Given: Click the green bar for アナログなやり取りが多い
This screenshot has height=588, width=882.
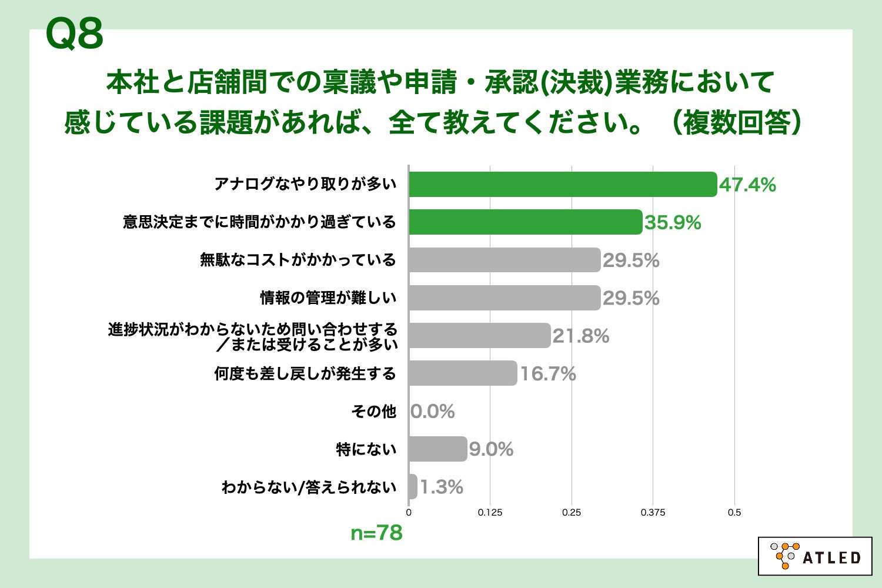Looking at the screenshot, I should point(563,185).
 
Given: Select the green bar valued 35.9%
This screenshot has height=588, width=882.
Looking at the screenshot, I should point(525,222).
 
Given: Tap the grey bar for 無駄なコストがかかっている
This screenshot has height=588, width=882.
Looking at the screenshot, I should point(505,260).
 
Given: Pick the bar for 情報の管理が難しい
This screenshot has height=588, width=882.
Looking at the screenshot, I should point(505,298).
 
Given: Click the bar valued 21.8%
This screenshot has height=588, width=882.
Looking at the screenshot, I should point(479,336).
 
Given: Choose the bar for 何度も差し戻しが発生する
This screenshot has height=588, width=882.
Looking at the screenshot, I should point(463,373).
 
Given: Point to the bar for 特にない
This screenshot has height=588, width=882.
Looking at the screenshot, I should point(437,449).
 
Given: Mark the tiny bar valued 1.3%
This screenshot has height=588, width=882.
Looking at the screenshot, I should point(413,487).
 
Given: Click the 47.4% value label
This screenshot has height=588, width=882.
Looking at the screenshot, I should point(747,185).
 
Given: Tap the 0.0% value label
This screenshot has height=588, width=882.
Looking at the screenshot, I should point(433,412).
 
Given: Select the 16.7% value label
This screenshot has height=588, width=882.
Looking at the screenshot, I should point(547,374).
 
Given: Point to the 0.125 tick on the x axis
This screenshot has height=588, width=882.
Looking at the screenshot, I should point(490,513).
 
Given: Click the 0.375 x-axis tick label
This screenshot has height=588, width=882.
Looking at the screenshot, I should point(653,513).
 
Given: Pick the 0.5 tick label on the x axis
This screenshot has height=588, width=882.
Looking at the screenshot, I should point(734,513).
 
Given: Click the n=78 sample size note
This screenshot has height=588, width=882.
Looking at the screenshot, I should point(376,533).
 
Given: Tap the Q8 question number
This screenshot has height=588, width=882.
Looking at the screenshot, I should point(74,34).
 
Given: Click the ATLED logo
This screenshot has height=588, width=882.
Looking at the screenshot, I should point(815,556).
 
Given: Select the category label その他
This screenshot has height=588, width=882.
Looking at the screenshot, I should point(373,412).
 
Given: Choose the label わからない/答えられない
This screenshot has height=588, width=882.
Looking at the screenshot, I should point(309,487).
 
